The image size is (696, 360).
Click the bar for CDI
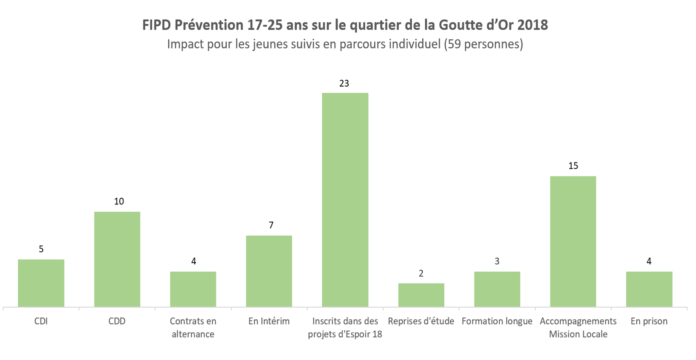point(41,283)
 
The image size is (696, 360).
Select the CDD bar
point(117,259)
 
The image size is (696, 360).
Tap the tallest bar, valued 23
point(345,200)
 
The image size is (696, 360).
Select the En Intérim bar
point(269,271)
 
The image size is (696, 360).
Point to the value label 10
point(119,201)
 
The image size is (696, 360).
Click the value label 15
point(573,166)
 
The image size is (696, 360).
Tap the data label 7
point(271,225)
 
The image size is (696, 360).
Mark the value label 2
point(421,273)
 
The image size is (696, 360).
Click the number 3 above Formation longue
point(497,261)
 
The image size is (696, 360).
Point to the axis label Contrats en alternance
point(193,328)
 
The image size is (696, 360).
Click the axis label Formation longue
point(497,321)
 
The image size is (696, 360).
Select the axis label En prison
point(649,321)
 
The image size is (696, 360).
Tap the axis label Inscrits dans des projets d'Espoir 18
point(345,328)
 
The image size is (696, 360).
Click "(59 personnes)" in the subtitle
point(483,44)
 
